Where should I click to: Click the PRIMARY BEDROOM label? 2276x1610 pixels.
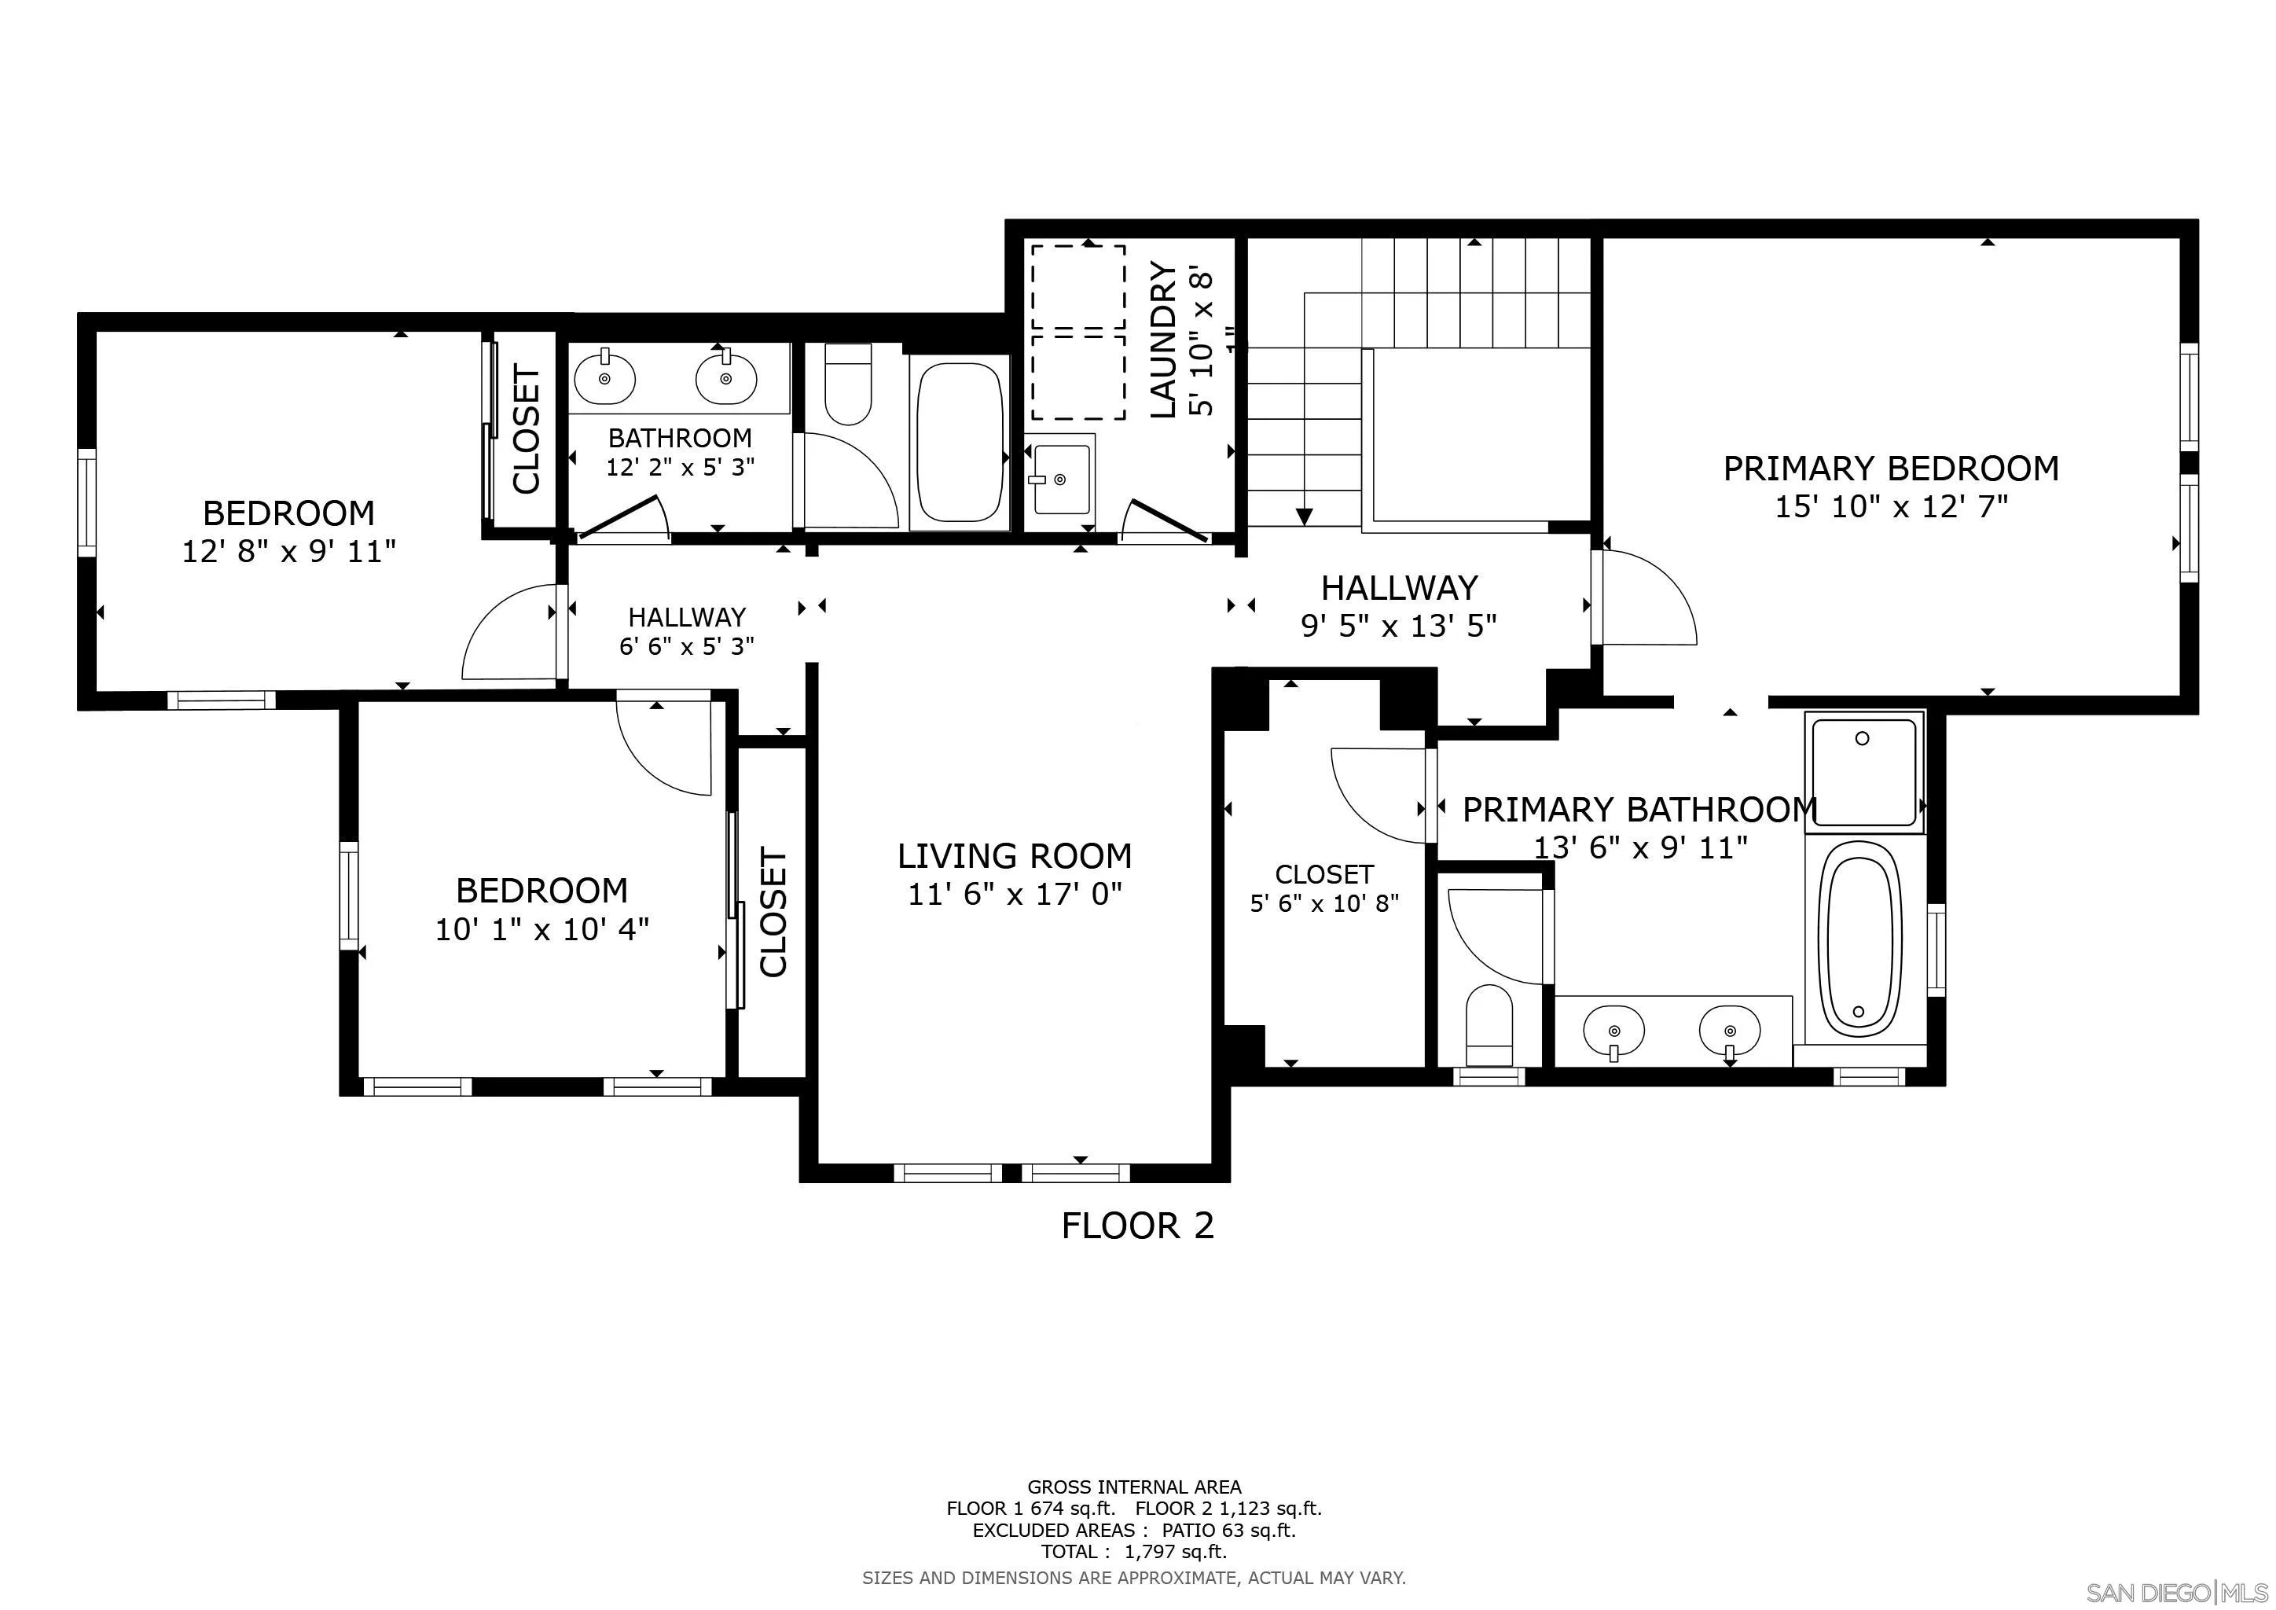tap(1890, 468)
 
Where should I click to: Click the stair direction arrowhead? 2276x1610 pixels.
tap(1305, 516)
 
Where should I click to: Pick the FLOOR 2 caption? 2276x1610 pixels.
tap(1137, 1226)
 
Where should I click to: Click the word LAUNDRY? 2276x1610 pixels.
tap(1163, 340)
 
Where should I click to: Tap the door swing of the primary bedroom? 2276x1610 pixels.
tap(1646, 595)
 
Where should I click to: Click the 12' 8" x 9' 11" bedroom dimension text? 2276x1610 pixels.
tap(288, 552)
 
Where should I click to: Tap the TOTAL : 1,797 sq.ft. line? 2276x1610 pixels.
tap(1133, 1552)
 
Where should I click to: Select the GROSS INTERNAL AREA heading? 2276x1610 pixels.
tap(1133, 1487)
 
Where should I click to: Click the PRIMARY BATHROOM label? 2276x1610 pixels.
tap(1639, 810)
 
